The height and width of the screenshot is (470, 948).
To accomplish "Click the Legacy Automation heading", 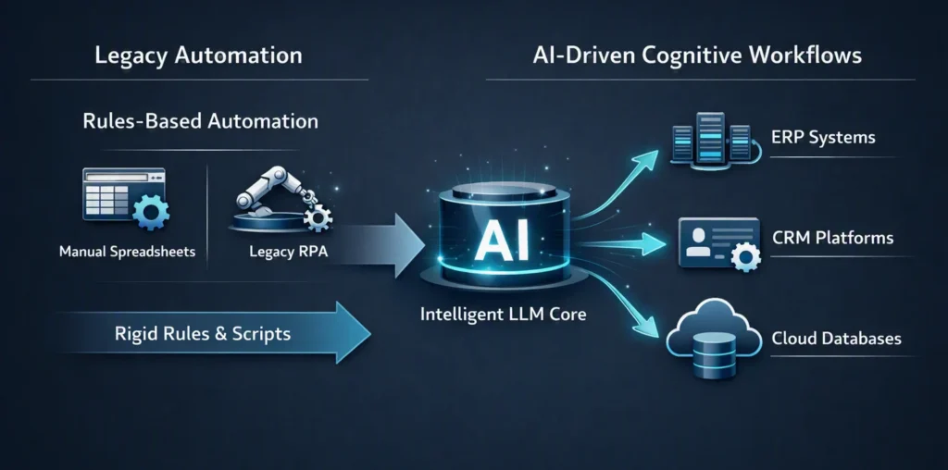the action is (198, 56).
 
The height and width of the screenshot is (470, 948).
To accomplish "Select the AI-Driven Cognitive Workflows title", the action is (697, 56).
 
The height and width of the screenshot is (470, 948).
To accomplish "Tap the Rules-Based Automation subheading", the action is (200, 121).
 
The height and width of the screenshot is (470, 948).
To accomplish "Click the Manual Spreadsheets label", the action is (127, 251).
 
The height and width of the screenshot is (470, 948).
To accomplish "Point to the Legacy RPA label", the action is (289, 251).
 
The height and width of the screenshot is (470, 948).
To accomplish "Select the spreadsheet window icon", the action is (123, 193).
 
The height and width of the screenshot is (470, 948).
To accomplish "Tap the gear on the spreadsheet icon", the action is (151, 212).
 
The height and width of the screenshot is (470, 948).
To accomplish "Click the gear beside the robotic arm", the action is (318, 216).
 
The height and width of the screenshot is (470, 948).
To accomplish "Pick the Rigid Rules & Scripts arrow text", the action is (203, 333).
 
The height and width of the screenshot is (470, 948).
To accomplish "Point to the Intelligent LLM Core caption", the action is (503, 315).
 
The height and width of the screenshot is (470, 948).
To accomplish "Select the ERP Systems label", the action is (823, 137).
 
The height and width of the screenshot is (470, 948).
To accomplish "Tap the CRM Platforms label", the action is (832, 238).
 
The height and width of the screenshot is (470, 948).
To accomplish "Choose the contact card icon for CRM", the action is (718, 242).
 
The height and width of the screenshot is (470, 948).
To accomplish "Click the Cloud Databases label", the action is (836, 339).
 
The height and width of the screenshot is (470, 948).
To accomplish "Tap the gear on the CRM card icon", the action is (745, 258).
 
